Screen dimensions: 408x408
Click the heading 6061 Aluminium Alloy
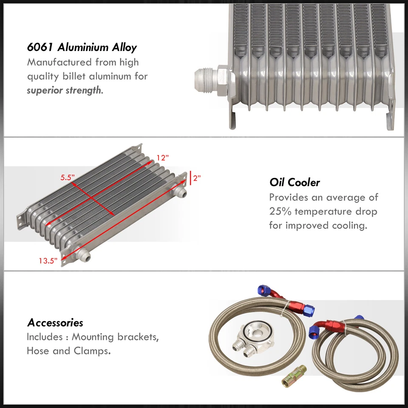(82, 47)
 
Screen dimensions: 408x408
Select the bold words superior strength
(64, 91)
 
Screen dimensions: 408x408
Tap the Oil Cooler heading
(295, 182)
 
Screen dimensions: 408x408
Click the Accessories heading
(55, 323)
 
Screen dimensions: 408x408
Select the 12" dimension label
(162, 157)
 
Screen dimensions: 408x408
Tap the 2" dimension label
(197, 178)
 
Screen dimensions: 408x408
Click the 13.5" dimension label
(48, 261)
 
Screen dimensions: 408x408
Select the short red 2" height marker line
(190, 178)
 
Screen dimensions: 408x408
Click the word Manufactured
(59, 62)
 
